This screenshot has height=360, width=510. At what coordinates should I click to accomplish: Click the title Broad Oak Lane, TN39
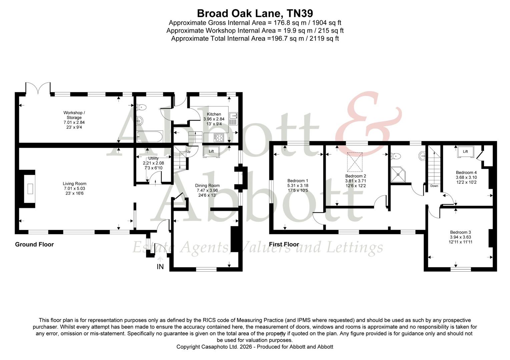(x=255, y=13)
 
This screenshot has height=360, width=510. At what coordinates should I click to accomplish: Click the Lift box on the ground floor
(x=211, y=152)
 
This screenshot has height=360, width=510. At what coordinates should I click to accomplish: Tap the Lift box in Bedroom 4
(x=465, y=152)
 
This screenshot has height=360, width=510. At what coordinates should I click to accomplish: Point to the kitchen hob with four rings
(x=219, y=137)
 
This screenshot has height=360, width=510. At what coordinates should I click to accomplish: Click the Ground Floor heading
(x=34, y=244)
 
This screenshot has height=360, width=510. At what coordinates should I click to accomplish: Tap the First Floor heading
(x=284, y=244)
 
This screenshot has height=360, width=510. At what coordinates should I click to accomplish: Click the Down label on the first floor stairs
(x=434, y=186)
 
